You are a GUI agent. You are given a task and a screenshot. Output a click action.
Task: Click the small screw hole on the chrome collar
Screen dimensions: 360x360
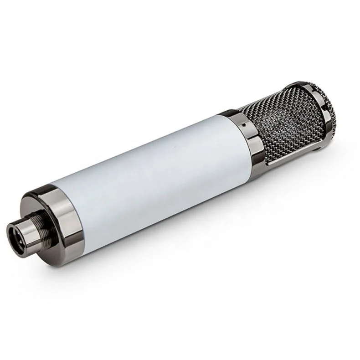243,123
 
